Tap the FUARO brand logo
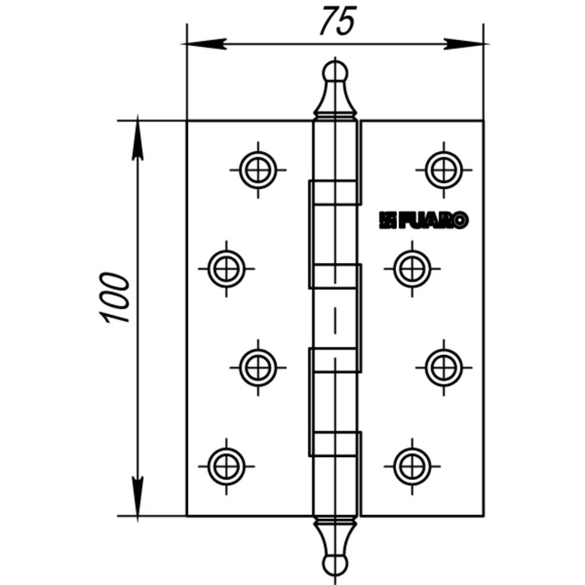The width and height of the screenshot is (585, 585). tap(424, 220)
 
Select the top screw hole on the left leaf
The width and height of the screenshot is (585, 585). tap(258, 170)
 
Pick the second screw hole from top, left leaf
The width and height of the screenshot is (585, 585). tap(226, 268)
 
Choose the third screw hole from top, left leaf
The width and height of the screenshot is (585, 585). tap(258, 365)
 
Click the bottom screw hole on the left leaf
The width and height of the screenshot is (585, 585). tap(226, 463)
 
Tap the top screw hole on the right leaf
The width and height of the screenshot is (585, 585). tap(444, 170)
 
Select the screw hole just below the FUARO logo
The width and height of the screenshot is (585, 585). tap(412, 268)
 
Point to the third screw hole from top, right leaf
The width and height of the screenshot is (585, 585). tap(444, 365)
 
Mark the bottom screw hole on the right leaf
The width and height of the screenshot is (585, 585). tap(412, 463)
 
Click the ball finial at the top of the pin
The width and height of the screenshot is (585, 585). tap(335, 72)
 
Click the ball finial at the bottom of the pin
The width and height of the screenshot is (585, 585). tap(335, 566)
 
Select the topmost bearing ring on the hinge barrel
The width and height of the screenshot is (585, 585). tap(335, 192)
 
